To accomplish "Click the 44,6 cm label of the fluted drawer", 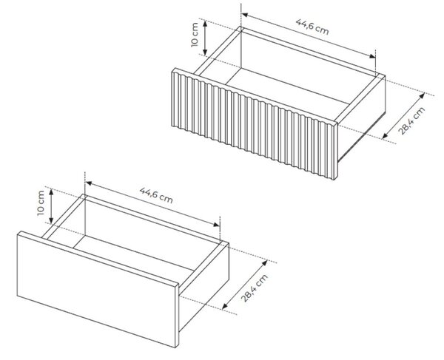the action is [312, 27].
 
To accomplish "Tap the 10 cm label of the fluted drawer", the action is [195, 35].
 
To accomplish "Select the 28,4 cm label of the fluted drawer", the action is [412, 120].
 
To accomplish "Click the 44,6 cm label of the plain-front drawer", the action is [156, 195].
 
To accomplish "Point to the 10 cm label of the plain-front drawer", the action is [41, 203].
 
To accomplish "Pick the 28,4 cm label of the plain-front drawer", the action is [255, 288].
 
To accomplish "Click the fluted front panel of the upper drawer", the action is [255, 123].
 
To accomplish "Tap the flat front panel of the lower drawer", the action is [98, 289].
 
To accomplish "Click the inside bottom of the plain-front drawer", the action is [133, 256].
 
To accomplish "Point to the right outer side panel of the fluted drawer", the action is [362, 118].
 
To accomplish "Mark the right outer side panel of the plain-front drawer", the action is [204, 286].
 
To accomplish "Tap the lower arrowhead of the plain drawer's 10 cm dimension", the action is [51, 220].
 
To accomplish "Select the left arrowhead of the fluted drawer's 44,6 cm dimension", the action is [245, 15].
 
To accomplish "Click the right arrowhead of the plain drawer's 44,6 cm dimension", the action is [217, 225].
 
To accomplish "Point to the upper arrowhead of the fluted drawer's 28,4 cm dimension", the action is [423, 95].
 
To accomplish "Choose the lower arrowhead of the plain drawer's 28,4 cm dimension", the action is [225, 306].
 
